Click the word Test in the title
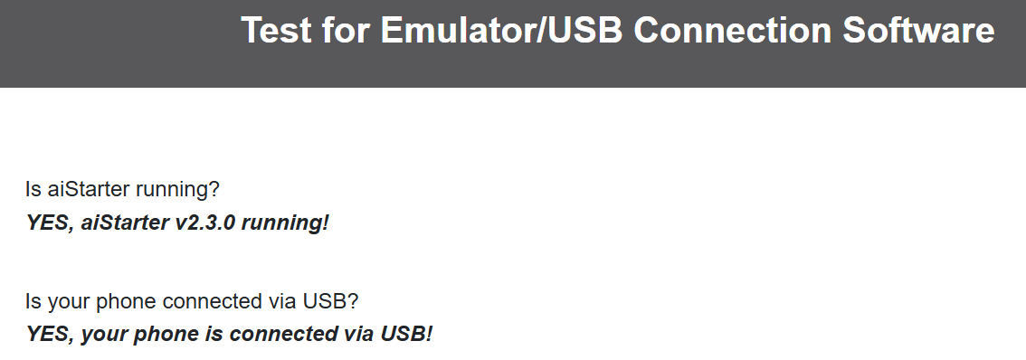[276, 30]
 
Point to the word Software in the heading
[918, 30]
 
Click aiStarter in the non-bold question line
[89, 189]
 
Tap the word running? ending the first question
[177, 191]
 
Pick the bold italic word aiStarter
[124, 223]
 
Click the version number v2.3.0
[204, 223]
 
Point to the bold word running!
[285, 223]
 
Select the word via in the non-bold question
[282, 301]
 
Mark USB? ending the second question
[330, 301]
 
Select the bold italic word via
[358, 334]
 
